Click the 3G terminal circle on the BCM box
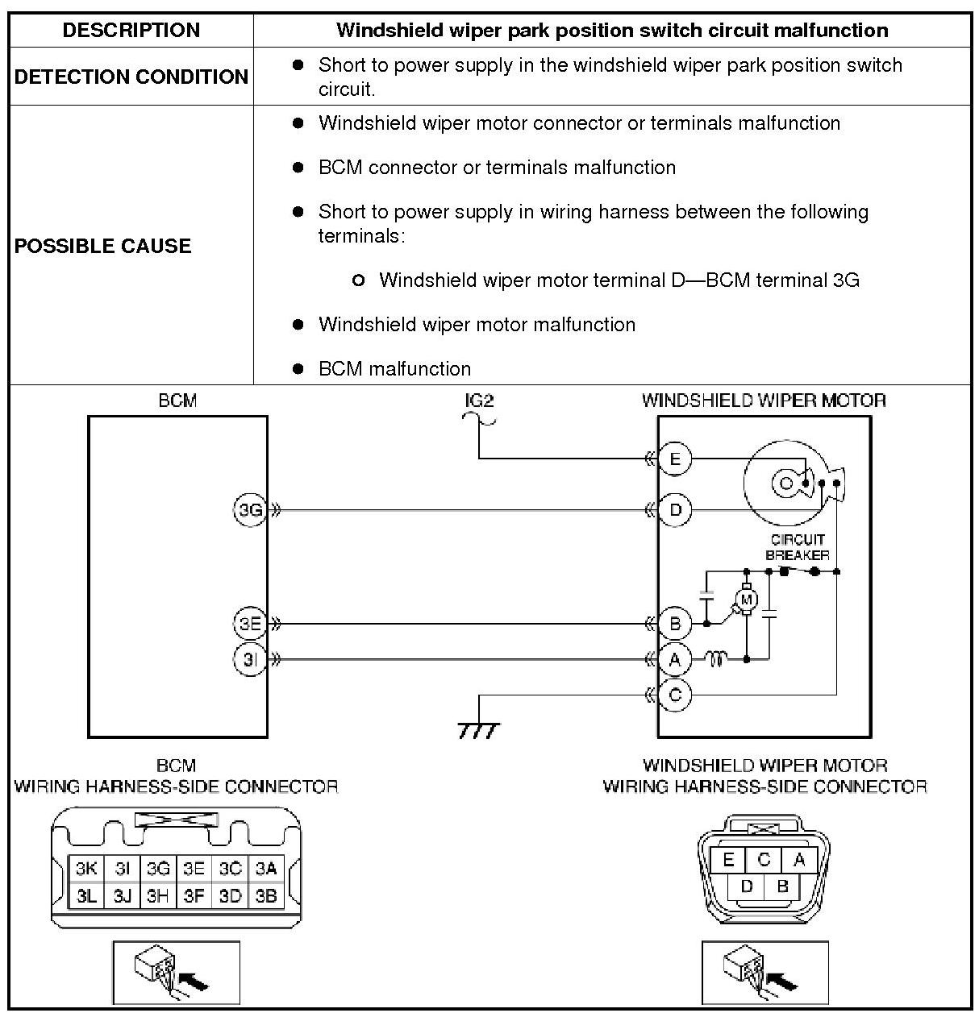click(x=250, y=510)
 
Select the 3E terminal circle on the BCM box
click(x=250, y=623)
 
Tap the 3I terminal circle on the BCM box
click(x=250, y=660)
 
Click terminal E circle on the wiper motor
click(x=675, y=459)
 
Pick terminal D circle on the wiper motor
click(x=675, y=510)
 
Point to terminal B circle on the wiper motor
click(x=675, y=623)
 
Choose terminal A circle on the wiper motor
click(x=675, y=660)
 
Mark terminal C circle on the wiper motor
click(x=675, y=695)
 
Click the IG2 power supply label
click(x=479, y=401)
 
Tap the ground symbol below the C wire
click(x=478, y=729)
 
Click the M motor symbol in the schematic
click(x=746, y=599)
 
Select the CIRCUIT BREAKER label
click(x=797, y=547)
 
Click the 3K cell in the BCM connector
click(x=86, y=869)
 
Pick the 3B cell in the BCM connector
click(x=266, y=895)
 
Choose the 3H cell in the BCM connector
click(x=158, y=895)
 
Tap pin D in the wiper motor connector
click(x=747, y=886)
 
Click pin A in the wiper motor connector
click(x=799, y=860)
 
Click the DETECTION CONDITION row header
click(x=131, y=77)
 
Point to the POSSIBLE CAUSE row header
click(x=103, y=246)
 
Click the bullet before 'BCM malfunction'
click(x=298, y=369)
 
